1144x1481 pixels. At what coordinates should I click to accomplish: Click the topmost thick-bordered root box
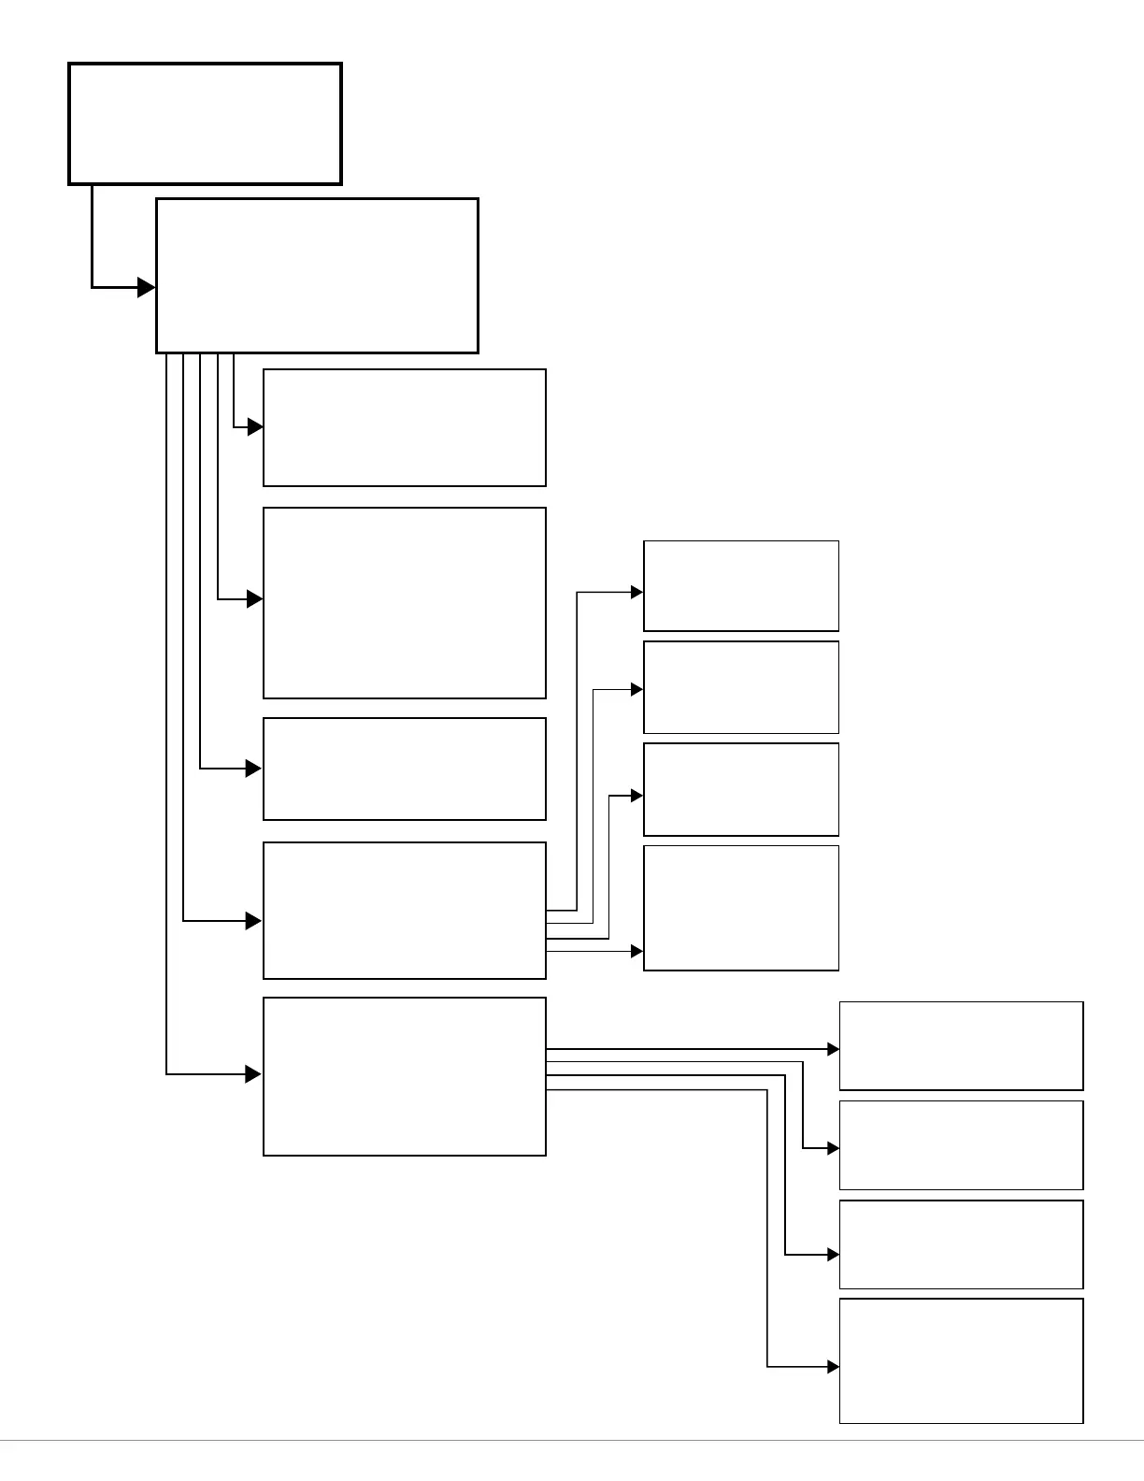tap(205, 123)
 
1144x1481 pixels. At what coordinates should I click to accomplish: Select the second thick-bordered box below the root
tap(317, 275)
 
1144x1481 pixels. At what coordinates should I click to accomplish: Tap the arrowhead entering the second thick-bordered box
tap(147, 287)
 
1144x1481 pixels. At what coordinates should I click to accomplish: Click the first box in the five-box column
tap(404, 427)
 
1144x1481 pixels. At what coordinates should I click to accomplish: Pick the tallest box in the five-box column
tap(404, 603)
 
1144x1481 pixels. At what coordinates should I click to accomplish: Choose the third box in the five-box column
tap(404, 769)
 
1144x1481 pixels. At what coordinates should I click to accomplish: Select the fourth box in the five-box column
tap(404, 910)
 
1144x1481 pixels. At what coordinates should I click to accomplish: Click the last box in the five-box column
tap(404, 1076)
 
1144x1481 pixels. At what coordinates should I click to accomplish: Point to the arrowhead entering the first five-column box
tap(255, 427)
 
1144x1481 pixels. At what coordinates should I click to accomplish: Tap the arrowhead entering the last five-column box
tap(254, 1074)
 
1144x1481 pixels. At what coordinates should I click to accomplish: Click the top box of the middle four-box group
tap(740, 585)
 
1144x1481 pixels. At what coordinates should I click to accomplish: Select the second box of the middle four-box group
tap(740, 687)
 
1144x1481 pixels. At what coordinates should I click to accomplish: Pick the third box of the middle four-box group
tap(740, 789)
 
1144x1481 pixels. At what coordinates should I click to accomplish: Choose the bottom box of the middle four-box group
tap(740, 908)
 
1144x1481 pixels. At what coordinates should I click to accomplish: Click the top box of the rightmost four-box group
tap(961, 1045)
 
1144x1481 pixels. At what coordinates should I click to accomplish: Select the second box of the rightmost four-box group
tap(961, 1144)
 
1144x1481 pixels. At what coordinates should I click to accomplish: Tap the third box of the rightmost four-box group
tap(961, 1244)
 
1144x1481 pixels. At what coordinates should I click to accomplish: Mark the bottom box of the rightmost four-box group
tap(961, 1360)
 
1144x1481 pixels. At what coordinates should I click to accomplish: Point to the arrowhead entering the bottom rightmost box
tap(834, 1367)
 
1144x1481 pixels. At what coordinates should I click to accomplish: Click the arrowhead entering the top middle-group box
tap(637, 592)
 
